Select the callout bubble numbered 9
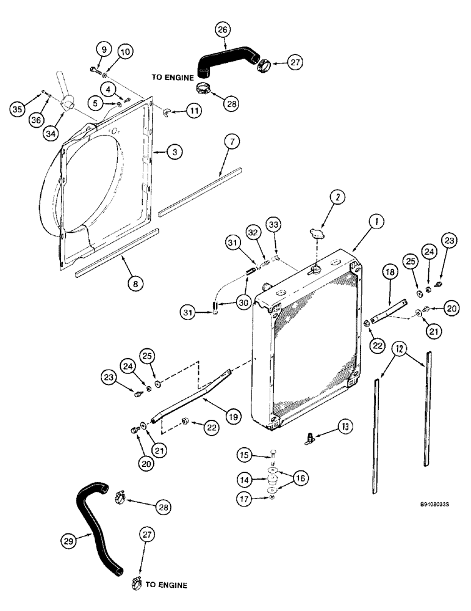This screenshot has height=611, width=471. [102, 49]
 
